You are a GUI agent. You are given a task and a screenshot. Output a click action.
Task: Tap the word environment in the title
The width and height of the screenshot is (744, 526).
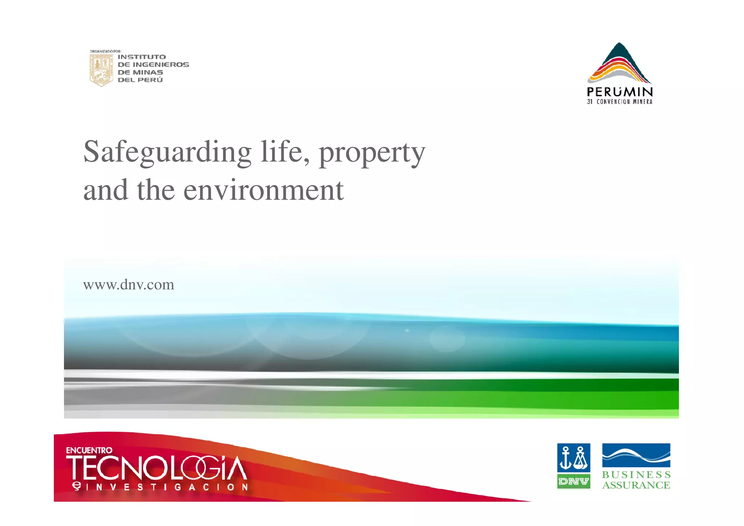tap(263, 190)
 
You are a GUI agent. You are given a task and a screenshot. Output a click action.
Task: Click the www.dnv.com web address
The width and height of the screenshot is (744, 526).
tap(129, 285)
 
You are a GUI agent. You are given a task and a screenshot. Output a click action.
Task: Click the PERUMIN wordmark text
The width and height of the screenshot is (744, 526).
tap(620, 92)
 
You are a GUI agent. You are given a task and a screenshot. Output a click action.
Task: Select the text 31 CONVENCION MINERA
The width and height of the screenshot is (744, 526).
tap(620, 102)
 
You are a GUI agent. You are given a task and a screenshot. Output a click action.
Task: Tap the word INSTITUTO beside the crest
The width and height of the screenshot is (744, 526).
tap(142, 57)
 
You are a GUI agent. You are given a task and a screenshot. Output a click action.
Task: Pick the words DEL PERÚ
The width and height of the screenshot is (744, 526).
tap(140, 80)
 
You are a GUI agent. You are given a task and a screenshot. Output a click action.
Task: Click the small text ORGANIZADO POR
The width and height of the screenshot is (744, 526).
tap(105, 51)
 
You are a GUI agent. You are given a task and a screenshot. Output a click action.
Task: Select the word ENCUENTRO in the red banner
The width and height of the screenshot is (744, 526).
tap(89, 450)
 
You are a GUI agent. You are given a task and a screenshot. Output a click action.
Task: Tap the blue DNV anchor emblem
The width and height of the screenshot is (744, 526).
tap(574, 458)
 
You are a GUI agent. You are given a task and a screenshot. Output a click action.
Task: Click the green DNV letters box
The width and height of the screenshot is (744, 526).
tap(574, 482)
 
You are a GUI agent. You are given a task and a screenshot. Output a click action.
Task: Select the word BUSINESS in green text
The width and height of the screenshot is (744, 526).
tap(636, 475)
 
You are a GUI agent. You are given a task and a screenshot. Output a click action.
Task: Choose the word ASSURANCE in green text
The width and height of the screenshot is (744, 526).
tap(636, 485)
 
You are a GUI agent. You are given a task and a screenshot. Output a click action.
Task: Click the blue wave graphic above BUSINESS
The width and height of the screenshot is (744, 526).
tap(636, 455)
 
